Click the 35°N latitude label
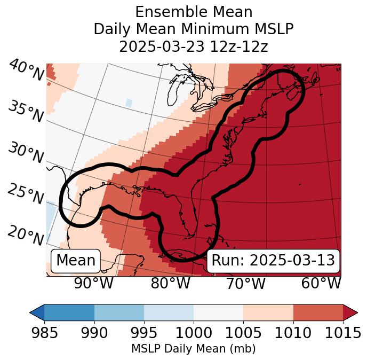tap(26, 112)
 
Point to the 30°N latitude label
tap(26, 153)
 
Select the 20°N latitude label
tap(26, 235)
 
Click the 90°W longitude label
tap(93, 283)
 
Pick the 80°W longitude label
tap(170, 283)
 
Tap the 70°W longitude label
tap(245, 283)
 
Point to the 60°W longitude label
tap(321, 283)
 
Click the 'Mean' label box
tap(76, 261)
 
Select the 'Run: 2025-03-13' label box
tap(273, 261)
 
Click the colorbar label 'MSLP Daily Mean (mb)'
tap(194, 349)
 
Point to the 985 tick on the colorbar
tap(44, 333)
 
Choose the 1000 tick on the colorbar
tap(194, 333)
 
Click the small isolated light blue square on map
tap(129, 102)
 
